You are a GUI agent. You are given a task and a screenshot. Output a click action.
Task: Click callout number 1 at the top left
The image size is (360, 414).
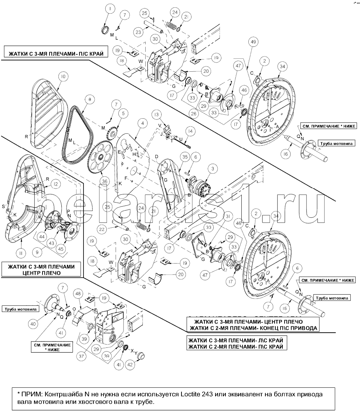pos(110,8)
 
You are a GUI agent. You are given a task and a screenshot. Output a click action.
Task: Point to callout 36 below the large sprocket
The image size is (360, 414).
pos(105,181)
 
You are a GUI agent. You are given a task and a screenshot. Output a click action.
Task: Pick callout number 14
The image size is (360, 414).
pos(190,131)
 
